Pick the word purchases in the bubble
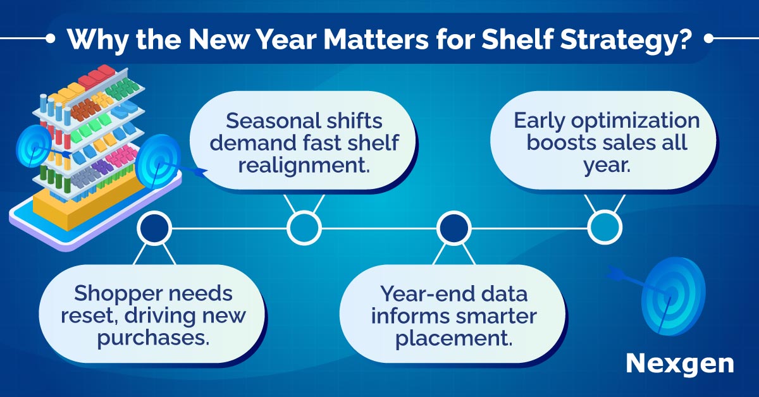[x=153, y=338]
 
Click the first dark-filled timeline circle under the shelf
[x=154, y=228]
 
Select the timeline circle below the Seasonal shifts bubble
[x=304, y=228]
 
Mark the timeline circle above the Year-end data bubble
[x=454, y=228]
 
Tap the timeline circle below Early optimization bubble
[x=605, y=228]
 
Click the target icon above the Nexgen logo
[x=672, y=296]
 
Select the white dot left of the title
[x=50, y=39]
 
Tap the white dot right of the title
[x=708, y=39]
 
